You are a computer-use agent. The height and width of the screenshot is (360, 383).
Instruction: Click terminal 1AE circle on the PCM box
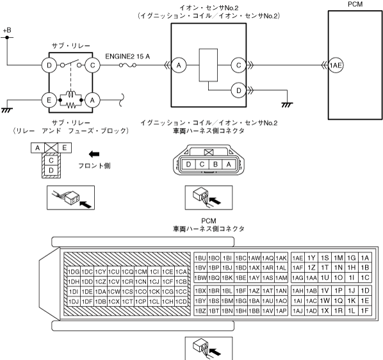pyautogui.click(x=336, y=65)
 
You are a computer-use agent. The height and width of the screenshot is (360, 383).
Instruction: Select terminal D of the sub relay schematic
pyautogui.click(x=49, y=65)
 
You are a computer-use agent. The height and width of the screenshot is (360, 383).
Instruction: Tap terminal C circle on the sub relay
pyautogui.click(x=92, y=65)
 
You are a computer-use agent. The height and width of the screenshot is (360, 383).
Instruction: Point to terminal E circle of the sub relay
pyautogui.click(x=49, y=100)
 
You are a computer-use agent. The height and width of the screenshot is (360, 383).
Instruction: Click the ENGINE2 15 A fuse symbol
pyautogui.click(x=127, y=65)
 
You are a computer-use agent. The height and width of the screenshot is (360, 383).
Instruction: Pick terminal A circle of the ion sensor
pyautogui.click(x=179, y=65)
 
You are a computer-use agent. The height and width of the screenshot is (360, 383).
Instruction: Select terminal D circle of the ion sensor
pyautogui.click(x=239, y=90)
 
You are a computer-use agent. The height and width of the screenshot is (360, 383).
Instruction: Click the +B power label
pyautogui.click(x=7, y=30)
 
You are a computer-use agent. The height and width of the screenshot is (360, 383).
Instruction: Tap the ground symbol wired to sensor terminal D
pyautogui.click(x=287, y=105)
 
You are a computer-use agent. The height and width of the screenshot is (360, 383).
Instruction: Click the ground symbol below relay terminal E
pyautogui.click(x=7, y=110)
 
